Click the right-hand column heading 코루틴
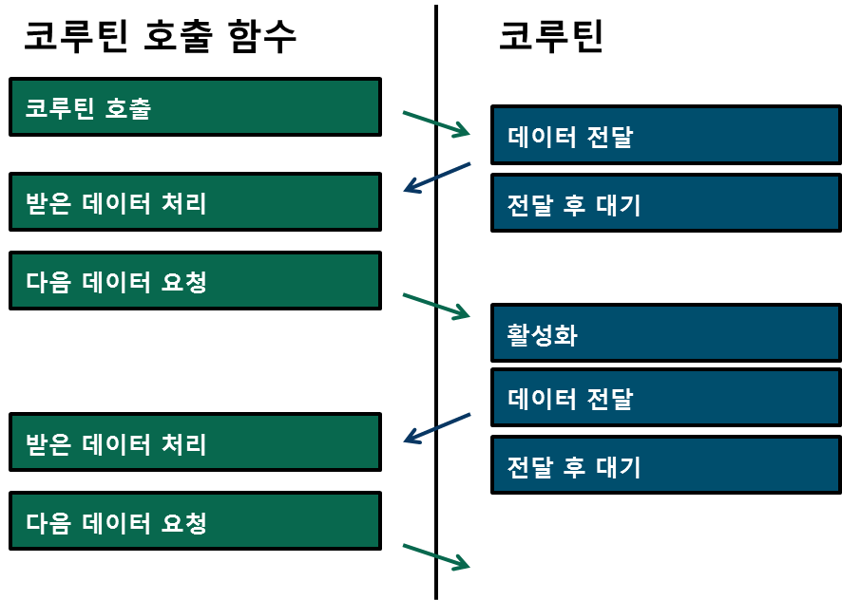551,37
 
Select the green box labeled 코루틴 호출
195,107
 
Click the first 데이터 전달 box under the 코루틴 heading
665,135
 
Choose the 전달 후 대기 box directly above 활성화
665,202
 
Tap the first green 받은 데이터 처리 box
195,201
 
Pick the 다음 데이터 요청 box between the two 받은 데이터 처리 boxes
195,280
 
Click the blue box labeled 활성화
665,333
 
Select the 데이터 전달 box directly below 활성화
665,397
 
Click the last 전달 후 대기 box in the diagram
665,465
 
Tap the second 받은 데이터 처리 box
195,442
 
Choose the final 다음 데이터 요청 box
195,521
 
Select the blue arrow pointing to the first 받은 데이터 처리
436,178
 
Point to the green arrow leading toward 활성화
436,307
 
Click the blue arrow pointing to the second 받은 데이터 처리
436,428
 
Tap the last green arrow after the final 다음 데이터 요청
436,557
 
